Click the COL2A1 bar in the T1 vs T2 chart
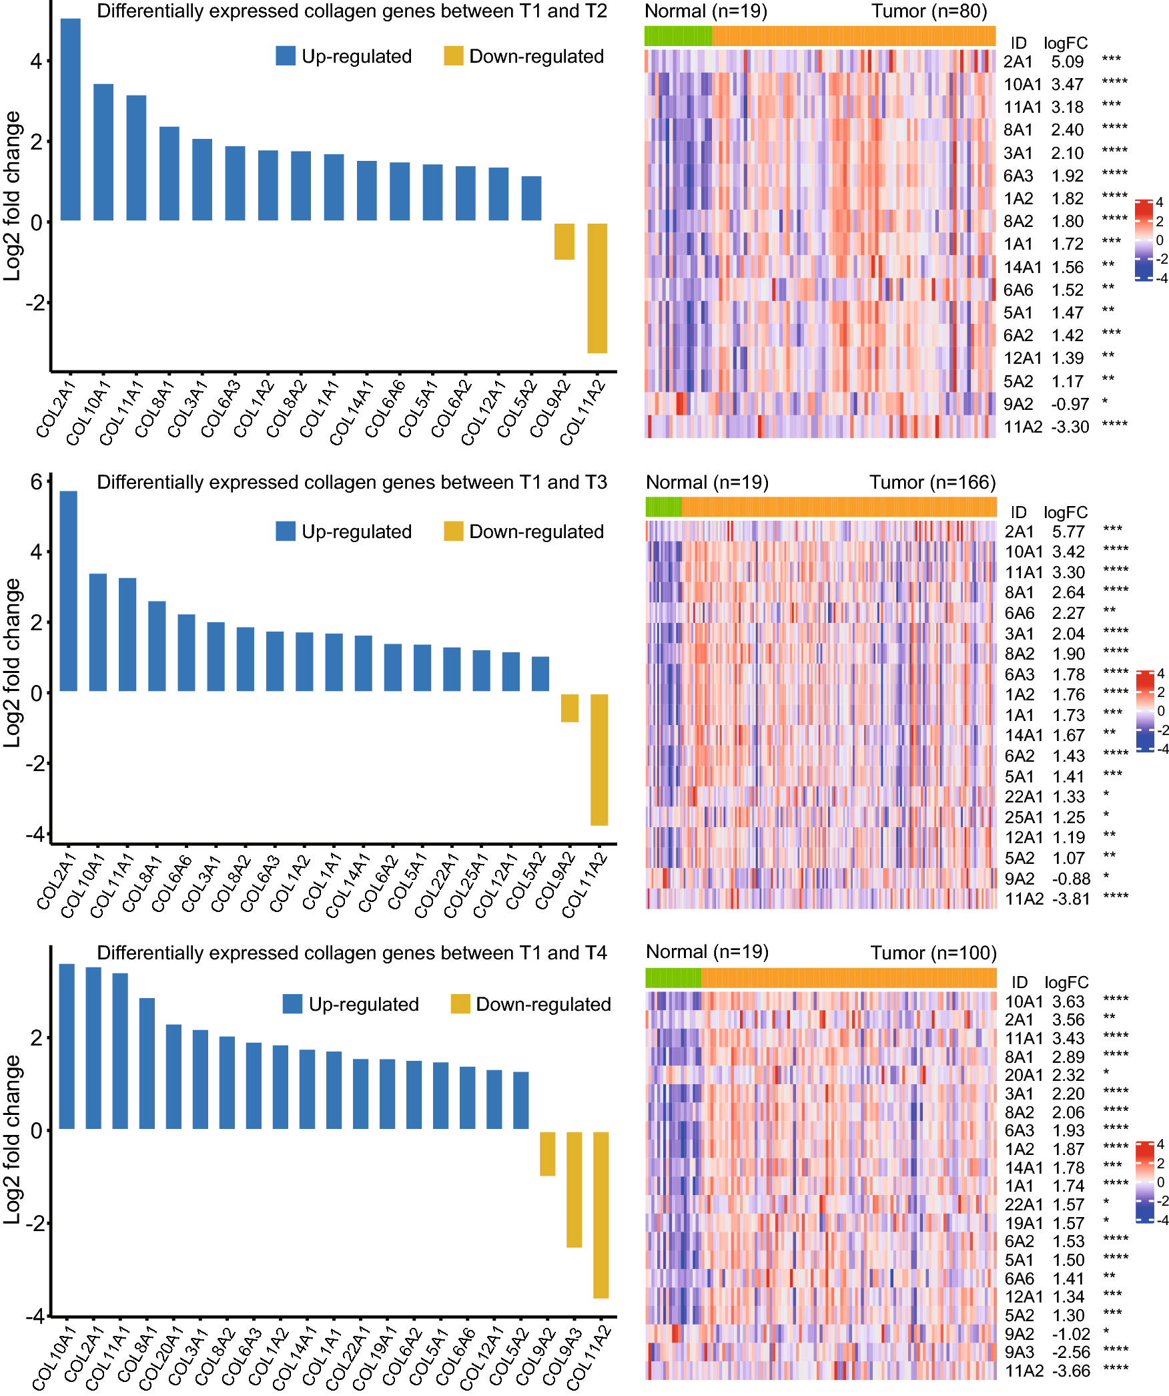click(70, 120)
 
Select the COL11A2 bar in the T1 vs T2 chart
click(597, 288)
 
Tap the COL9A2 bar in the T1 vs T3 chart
click(569, 708)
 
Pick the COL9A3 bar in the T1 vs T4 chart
click(574, 1189)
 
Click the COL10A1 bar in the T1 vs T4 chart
click(67, 1046)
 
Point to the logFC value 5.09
click(1068, 62)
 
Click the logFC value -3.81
click(1070, 899)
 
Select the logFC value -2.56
click(1070, 1352)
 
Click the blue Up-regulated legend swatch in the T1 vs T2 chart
click(286, 56)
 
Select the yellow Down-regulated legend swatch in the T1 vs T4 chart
click(460, 1004)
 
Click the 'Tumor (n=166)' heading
click(932, 482)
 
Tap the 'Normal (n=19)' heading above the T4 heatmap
click(707, 952)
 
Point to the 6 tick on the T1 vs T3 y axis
click(36, 481)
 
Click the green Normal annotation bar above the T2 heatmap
click(678, 36)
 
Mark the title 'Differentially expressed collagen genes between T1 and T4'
click(352, 953)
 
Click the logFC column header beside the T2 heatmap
click(1066, 43)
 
